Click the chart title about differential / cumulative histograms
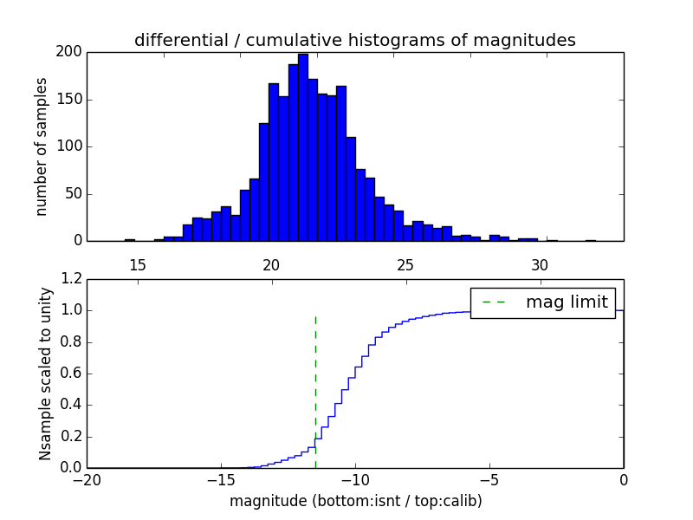[x=354, y=40]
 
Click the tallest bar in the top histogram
[x=303, y=147]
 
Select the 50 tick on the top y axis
[x=74, y=193]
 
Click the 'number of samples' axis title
[x=42, y=146]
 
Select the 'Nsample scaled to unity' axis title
[x=46, y=374]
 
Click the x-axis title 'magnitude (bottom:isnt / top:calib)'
[x=355, y=501]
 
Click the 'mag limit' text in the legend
[x=567, y=302]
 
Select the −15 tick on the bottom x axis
[x=220, y=479]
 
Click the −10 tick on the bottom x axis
[x=354, y=479]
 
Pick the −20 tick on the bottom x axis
[x=87, y=479]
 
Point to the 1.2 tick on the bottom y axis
[x=72, y=279]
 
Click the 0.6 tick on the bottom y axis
[x=72, y=374]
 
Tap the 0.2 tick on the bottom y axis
[x=72, y=436]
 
